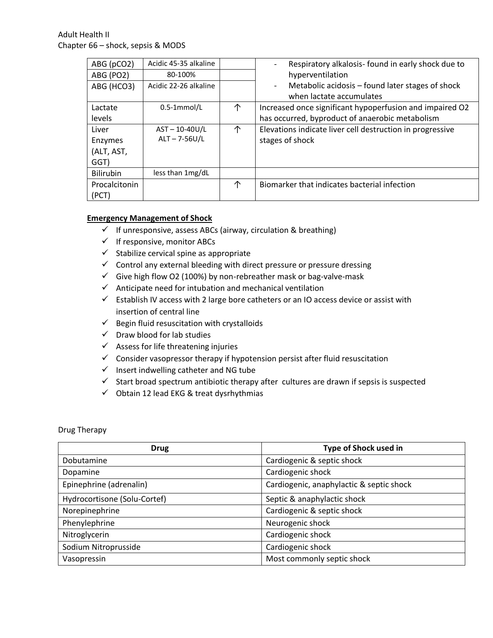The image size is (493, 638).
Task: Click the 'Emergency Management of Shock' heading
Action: coord(149,218)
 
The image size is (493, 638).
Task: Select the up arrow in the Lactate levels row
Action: coord(237,108)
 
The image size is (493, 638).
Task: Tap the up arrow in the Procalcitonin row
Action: coord(237,185)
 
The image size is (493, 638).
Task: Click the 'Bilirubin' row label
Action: coord(106,173)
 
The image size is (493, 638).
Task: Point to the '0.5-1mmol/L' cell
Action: coord(181,108)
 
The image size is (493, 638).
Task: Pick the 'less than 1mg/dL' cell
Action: coord(181,173)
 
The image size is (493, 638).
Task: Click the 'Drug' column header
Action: coord(159,448)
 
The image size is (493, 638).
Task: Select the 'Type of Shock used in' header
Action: coord(362,448)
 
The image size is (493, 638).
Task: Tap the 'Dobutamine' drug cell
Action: coord(85,461)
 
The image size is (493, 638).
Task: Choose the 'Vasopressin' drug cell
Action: coord(84,559)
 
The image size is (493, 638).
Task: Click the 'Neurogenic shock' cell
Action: coord(298,523)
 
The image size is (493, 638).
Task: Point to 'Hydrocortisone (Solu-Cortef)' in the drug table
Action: coord(114,499)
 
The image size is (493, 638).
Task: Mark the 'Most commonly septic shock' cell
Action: coord(318,559)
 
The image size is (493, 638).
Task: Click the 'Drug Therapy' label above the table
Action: coord(82,430)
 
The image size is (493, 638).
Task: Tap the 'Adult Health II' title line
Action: coord(84,35)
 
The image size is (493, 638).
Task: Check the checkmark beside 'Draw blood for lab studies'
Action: coord(106,334)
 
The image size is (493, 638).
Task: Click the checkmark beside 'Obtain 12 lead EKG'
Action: coord(106,393)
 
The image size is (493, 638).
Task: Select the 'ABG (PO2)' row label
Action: coord(110,75)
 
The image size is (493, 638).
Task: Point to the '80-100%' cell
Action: coord(181,75)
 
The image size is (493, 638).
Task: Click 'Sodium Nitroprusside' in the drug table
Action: coord(101,547)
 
